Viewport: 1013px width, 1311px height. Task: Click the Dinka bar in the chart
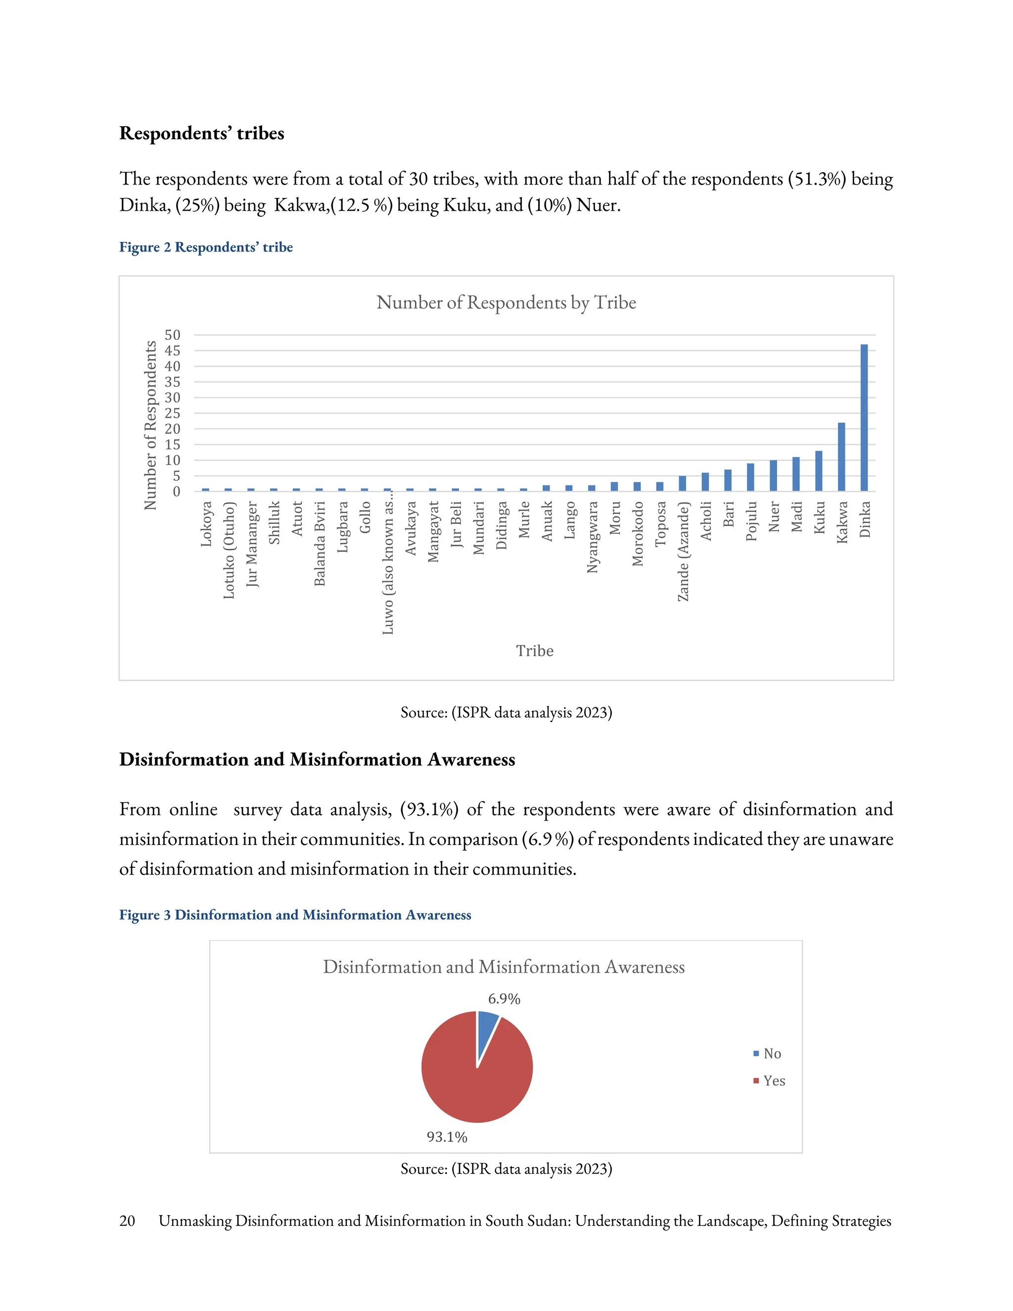pos(864,418)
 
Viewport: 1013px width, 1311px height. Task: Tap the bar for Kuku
pos(819,471)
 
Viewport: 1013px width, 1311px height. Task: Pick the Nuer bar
pos(773,475)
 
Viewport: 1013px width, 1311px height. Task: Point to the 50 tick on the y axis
pos(172,335)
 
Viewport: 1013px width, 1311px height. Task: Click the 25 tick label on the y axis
pos(172,413)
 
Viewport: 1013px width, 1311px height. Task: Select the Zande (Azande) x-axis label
pos(683,551)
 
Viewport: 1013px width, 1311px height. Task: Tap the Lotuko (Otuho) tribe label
pos(229,550)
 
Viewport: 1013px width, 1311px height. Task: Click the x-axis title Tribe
pos(535,651)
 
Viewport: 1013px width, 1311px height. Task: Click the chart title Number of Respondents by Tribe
pos(506,303)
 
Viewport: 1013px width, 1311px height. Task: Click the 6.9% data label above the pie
pos(504,999)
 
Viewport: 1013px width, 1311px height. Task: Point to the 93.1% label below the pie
pos(447,1137)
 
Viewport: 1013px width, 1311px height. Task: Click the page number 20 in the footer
pos(127,1221)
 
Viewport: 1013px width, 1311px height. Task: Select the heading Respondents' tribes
pos(202,133)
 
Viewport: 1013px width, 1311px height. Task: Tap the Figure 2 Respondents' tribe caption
pos(206,247)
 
